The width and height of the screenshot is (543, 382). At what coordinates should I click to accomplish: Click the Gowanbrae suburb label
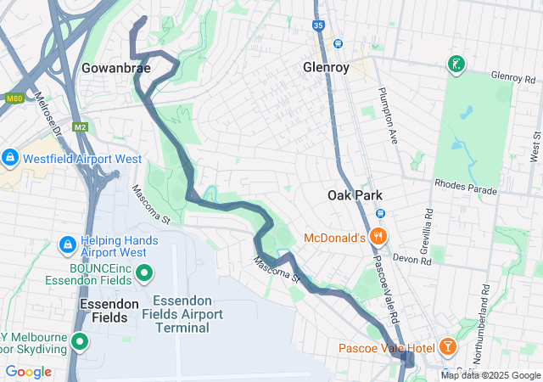pyautogui.click(x=117, y=67)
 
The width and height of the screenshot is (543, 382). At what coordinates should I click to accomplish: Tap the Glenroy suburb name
pyautogui.click(x=327, y=67)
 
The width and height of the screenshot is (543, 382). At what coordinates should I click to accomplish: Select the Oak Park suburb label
pyautogui.click(x=355, y=195)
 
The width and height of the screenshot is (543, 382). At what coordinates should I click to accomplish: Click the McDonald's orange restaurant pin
pyautogui.click(x=379, y=237)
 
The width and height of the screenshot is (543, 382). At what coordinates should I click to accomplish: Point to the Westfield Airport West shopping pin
pyautogui.click(x=10, y=158)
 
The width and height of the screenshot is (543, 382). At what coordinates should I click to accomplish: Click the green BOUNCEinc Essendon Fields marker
pyautogui.click(x=143, y=273)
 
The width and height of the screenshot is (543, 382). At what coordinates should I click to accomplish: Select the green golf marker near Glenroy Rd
pyautogui.click(x=456, y=65)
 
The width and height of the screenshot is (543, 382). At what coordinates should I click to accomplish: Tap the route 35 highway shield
pyautogui.click(x=318, y=25)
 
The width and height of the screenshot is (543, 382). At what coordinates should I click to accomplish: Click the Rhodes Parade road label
pyautogui.click(x=465, y=188)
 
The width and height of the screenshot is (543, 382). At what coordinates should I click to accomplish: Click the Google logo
pyautogui.click(x=28, y=372)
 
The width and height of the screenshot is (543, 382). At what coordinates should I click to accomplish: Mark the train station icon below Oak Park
pyautogui.click(x=381, y=213)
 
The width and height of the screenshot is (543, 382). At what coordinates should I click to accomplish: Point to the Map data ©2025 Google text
pyautogui.click(x=490, y=375)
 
